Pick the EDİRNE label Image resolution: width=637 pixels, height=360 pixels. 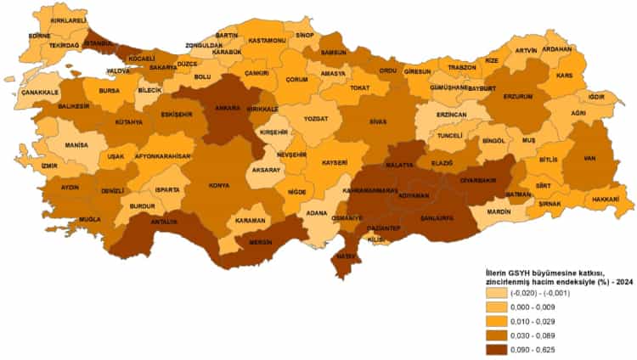pos(39,36)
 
